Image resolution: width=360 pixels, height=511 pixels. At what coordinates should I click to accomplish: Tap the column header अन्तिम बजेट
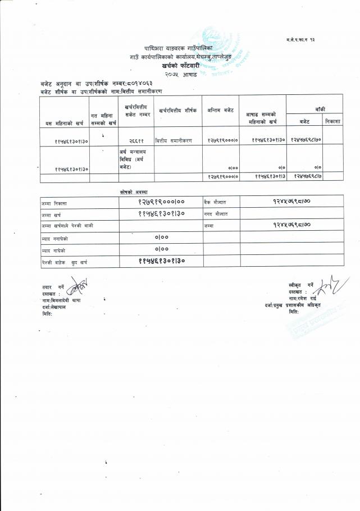pos(221,110)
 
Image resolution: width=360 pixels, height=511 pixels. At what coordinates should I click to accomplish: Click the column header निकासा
pos(333,121)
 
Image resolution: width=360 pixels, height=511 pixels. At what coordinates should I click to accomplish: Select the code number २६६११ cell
pos(136,140)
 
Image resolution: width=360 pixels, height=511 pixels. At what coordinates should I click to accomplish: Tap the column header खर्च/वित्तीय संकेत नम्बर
pos(136,110)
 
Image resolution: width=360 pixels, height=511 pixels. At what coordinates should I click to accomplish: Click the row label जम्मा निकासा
pos(54,202)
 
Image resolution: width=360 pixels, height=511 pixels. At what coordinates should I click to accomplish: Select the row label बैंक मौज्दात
pos(216,201)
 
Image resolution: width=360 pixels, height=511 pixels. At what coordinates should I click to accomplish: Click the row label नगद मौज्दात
pos(216,213)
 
